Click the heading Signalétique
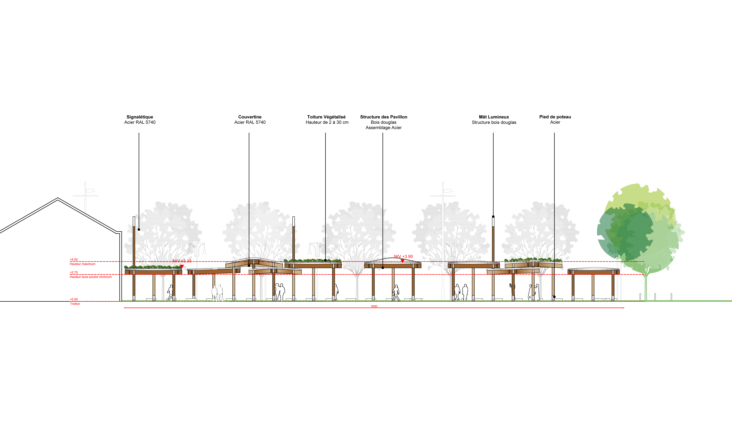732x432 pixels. point(140,117)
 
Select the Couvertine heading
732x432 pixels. point(250,117)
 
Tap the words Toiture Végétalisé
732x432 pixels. point(326,117)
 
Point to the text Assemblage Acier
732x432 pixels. point(383,128)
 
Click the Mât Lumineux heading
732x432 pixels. point(494,117)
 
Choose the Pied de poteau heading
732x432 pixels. point(555,117)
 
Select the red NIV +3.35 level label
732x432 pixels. point(182,261)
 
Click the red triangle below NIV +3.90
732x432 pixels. point(402,261)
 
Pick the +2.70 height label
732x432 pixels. point(74,273)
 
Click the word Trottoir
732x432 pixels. point(75,304)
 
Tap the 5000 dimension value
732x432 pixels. point(374,306)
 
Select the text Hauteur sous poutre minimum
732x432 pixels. point(91,277)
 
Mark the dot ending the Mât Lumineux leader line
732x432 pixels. point(493,217)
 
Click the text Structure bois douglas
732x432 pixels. point(494,122)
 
